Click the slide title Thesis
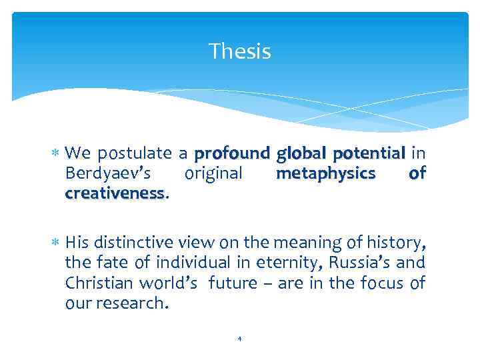click(239, 51)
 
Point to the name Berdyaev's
click(108, 174)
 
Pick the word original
click(213, 174)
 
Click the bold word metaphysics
click(325, 174)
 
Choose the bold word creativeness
click(115, 193)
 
